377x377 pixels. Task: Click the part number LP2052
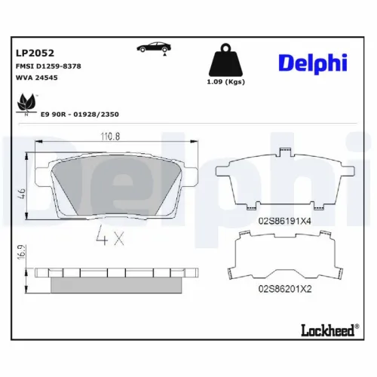point(32,54)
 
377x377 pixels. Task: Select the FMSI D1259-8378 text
point(48,66)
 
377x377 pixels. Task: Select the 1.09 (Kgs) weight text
point(226,81)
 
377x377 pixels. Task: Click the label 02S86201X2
point(284,288)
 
